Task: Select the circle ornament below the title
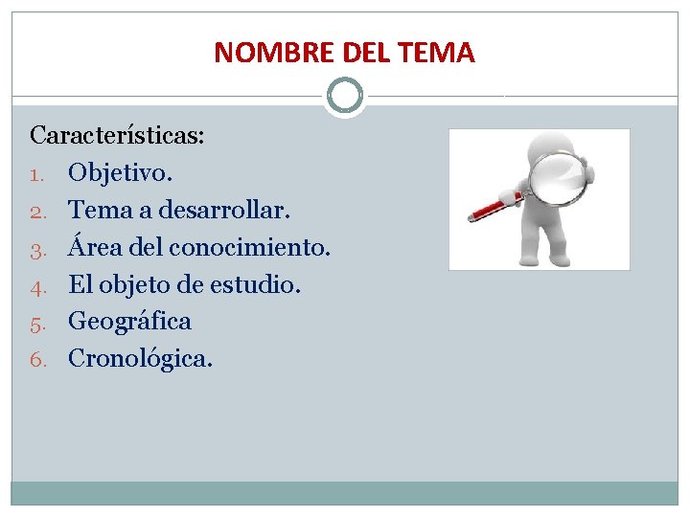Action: pos(345,96)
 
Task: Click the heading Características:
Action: pos(117,134)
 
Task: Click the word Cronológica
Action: pos(140,359)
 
